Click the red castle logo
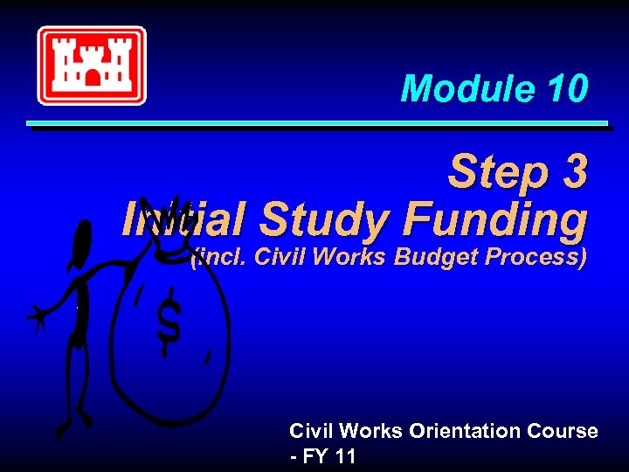pyautogui.click(x=91, y=65)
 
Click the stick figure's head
pyautogui.click(x=83, y=240)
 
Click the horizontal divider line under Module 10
pyautogui.click(x=317, y=125)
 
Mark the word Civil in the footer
pyautogui.click(x=312, y=431)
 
